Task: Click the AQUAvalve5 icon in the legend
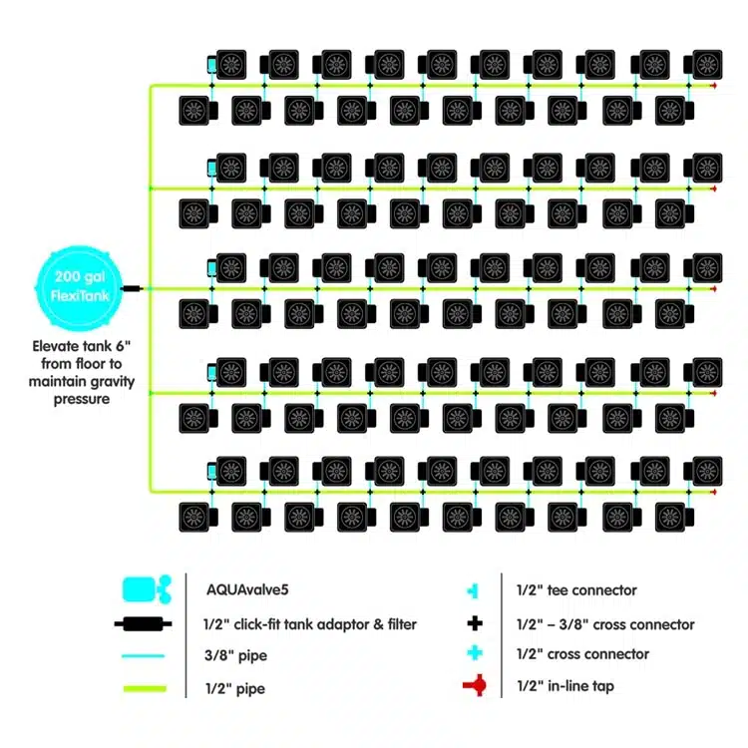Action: point(146,590)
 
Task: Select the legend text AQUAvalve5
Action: point(240,590)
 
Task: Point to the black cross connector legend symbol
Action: point(476,624)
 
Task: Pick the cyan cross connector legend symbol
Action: point(476,654)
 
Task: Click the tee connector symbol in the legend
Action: point(476,591)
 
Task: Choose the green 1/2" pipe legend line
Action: point(146,688)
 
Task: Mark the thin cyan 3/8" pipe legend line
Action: point(146,657)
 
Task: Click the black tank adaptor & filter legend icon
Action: point(146,625)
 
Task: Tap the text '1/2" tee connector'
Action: point(576,590)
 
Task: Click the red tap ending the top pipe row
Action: point(713,86)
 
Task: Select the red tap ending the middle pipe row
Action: point(713,289)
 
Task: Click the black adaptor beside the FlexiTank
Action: point(133,289)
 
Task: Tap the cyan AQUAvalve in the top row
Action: point(210,65)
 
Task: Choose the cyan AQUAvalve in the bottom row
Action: point(210,473)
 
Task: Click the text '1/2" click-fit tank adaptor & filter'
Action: point(310,624)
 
